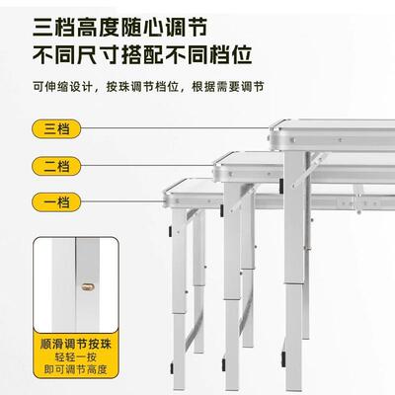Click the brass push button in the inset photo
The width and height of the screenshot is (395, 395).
[x=85, y=286]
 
